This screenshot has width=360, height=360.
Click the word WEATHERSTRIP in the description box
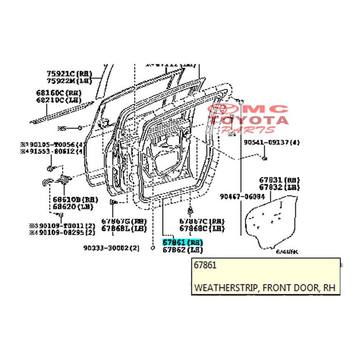(226, 287)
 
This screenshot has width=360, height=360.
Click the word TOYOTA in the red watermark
(262, 120)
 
